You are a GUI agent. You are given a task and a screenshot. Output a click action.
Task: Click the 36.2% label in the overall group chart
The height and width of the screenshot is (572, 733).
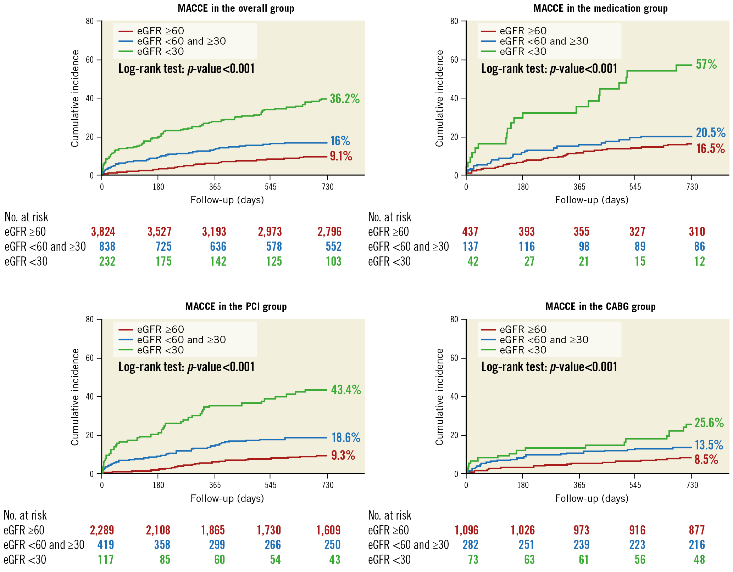(x=345, y=99)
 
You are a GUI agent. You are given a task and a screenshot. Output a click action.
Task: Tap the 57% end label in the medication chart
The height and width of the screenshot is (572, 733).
(x=706, y=64)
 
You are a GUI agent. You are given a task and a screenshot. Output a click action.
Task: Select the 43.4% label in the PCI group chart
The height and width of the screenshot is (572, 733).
(x=346, y=390)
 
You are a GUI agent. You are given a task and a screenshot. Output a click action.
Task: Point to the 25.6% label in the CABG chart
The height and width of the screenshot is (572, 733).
(x=709, y=423)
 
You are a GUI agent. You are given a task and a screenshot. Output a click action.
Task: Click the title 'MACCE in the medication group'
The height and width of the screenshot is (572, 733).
(x=600, y=8)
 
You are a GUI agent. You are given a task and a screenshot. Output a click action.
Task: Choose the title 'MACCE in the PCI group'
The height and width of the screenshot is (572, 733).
(x=236, y=306)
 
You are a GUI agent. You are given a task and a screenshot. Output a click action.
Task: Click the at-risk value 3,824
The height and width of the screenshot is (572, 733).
(x=103, y=232)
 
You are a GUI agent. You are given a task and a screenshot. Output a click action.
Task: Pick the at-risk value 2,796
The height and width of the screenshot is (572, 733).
(x=329, y=232)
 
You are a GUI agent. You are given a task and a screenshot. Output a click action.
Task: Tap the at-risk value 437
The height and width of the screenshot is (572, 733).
(x=470, y=232)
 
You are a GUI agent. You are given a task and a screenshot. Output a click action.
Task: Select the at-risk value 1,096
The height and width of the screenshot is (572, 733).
(x=466, y=530)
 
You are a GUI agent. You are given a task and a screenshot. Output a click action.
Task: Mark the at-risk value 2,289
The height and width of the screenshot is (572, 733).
(x=102, y=530)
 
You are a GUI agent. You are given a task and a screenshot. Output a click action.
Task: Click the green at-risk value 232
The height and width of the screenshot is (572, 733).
(x=107, y=261)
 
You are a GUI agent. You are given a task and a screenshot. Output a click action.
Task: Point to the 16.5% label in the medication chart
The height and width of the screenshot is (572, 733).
(x=710, y=149)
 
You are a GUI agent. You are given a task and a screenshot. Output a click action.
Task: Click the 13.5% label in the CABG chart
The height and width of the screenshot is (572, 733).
(x=709, y=445)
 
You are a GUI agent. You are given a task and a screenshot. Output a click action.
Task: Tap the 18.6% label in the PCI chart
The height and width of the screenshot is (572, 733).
(x=346, y=438)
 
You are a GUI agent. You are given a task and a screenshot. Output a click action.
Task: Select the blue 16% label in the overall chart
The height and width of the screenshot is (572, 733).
(x=340, y=141)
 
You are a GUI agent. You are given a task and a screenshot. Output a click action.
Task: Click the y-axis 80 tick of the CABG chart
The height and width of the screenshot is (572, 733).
(x=454, y=319)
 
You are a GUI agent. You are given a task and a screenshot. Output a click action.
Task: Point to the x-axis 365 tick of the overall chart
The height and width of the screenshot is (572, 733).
(x=215, y=187)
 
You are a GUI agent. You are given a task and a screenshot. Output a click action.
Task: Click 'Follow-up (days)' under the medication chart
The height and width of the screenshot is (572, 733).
(x=592, y=200)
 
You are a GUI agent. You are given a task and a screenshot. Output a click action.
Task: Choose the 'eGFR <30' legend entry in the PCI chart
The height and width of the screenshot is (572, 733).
(x=160, y=350)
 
